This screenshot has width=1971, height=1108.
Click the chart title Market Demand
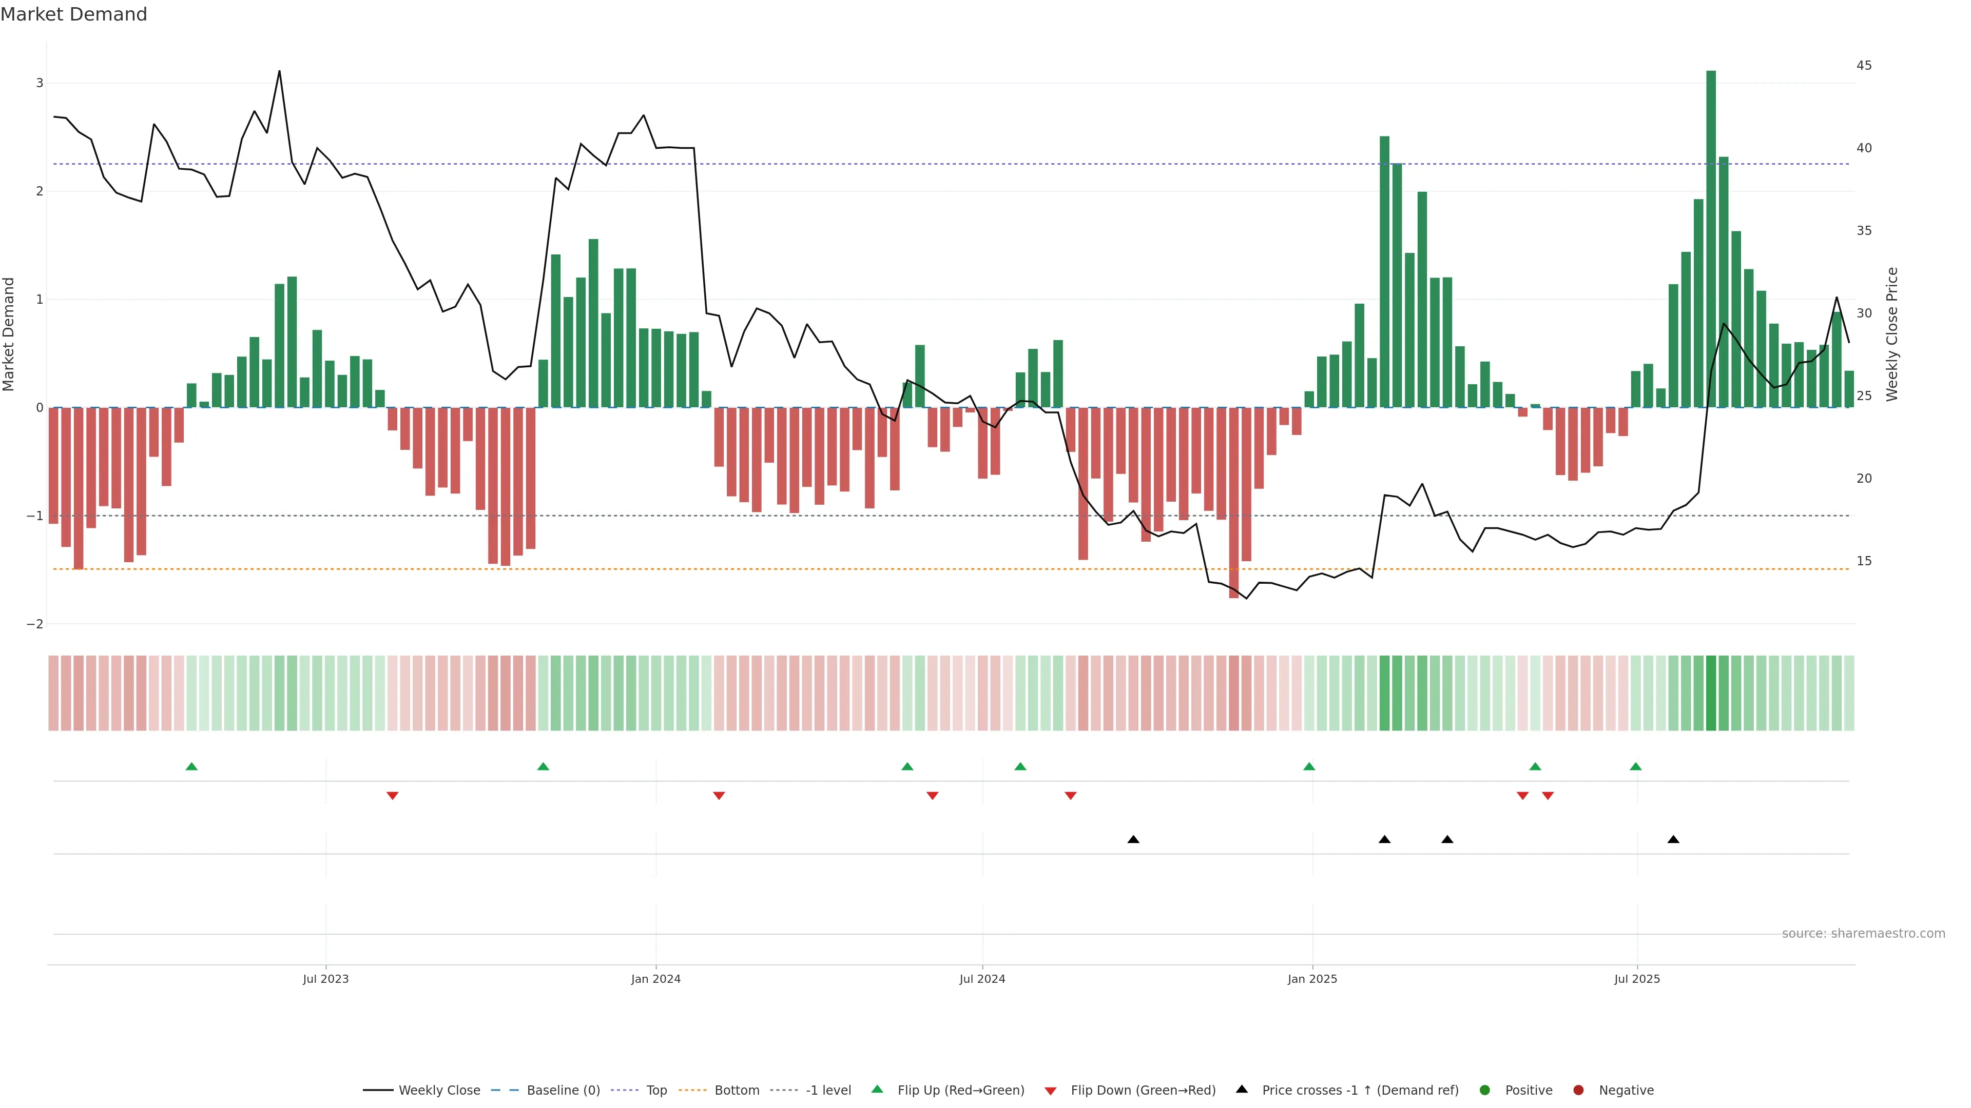(x=73, y=14)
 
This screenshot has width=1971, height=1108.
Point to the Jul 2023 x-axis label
(x=325, y=979)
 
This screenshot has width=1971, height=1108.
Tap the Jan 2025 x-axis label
(x=1312, y=979)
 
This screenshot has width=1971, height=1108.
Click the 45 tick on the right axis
(x=1864, y=66)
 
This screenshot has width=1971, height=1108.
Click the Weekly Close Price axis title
(x=1892, y=334)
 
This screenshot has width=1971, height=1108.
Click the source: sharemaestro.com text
(x=1863, y=934)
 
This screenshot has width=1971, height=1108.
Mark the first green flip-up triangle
(x=191, y=766)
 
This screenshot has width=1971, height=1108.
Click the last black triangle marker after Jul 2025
(x=1673, y=840)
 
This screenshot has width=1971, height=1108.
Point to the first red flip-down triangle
(x=393, y=796)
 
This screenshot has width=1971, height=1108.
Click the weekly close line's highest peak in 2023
(x=279, y=71)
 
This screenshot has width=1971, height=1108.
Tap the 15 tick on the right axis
(x=1864, y=561)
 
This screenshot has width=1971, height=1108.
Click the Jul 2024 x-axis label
(x=982, y=979)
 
